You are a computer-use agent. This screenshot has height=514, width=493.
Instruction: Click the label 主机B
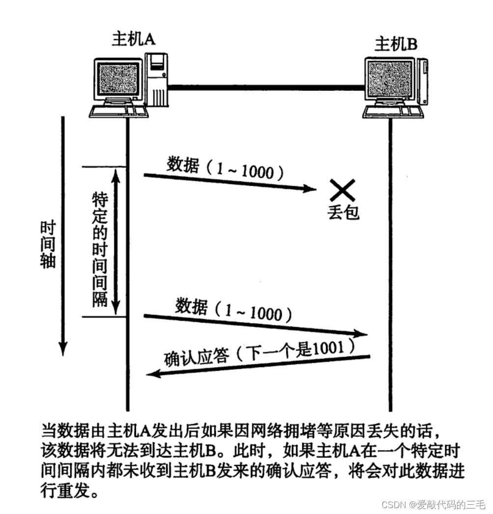tap(395, 45)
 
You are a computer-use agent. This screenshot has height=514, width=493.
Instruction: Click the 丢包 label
tap(343, 212)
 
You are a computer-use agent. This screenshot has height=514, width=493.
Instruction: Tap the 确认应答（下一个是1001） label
tap(260, 352)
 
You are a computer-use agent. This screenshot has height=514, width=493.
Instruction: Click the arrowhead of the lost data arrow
tap(309, 189)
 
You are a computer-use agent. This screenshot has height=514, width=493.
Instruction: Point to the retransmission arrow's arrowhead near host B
tap(361, 334)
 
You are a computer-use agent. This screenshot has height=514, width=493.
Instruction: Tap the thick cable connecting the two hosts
tap(265, 88)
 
